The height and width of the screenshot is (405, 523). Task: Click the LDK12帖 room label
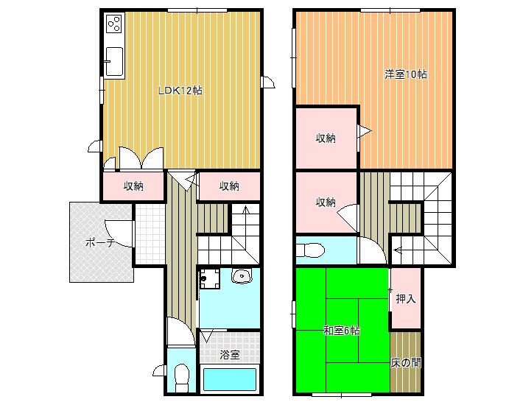180,91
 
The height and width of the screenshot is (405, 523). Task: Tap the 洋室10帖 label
406,74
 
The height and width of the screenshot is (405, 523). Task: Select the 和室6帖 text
342,331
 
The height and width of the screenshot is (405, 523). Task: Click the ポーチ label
100,242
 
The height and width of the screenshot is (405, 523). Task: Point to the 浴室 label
230,355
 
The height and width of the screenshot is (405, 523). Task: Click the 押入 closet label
406,299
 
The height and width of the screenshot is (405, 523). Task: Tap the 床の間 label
406,362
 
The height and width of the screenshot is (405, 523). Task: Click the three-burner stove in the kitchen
114,23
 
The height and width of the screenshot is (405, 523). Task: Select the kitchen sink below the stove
114,62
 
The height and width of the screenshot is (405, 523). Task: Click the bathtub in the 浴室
230,379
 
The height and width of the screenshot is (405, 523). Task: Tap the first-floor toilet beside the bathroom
182,378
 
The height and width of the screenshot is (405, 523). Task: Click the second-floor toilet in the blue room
311,250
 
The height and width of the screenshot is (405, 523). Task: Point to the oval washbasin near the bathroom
242,276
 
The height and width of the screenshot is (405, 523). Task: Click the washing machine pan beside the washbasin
210,279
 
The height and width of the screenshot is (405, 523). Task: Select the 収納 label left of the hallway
133,186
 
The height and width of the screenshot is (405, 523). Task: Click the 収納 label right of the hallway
229,186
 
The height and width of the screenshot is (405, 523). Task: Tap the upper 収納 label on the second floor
326,138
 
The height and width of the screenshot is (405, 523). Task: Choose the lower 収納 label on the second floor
326,202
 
